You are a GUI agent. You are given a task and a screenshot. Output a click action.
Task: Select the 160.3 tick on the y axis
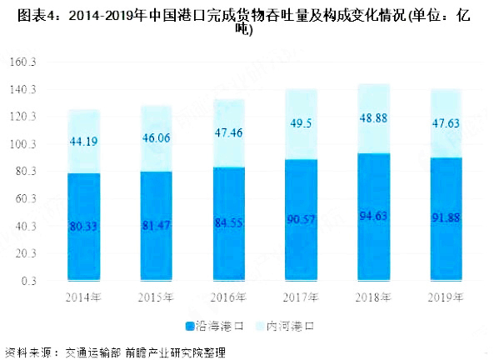click(x=29, y=63)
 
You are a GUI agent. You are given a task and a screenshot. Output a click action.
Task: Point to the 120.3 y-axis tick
click(x=29, y=117)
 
